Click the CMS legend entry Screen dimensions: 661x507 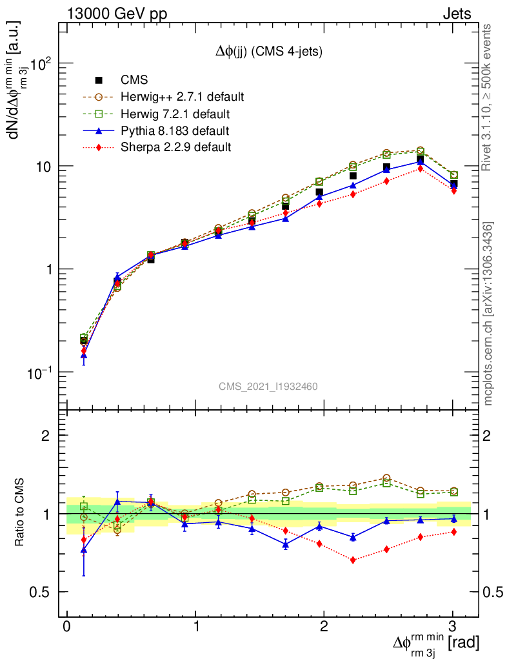tap(134, 80)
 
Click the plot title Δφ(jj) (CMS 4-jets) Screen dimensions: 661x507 tap(269, 51)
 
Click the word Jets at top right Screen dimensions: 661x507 tap(457, 14)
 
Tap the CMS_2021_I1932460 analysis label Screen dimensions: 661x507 tap(268, 386)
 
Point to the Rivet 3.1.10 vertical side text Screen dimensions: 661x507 tap(488, 97)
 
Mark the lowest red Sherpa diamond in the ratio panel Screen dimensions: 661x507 tap(353, 560)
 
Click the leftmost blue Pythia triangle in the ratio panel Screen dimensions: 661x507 tap(84, 550)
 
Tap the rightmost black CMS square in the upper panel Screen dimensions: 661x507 tap(453, 184)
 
